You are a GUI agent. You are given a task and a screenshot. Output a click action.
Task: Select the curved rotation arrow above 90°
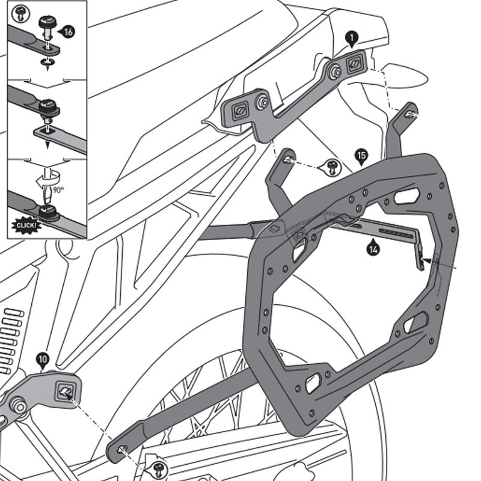[41, 180]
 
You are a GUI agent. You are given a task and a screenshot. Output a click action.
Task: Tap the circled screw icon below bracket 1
[330, 168]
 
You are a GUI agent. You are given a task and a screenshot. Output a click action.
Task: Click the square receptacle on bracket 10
[66, 391]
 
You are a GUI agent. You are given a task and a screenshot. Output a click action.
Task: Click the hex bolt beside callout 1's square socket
[335, 71]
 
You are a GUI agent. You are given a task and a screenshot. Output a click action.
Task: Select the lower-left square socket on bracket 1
[239, 110]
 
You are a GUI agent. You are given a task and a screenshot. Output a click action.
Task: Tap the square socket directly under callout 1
[355, 61]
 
